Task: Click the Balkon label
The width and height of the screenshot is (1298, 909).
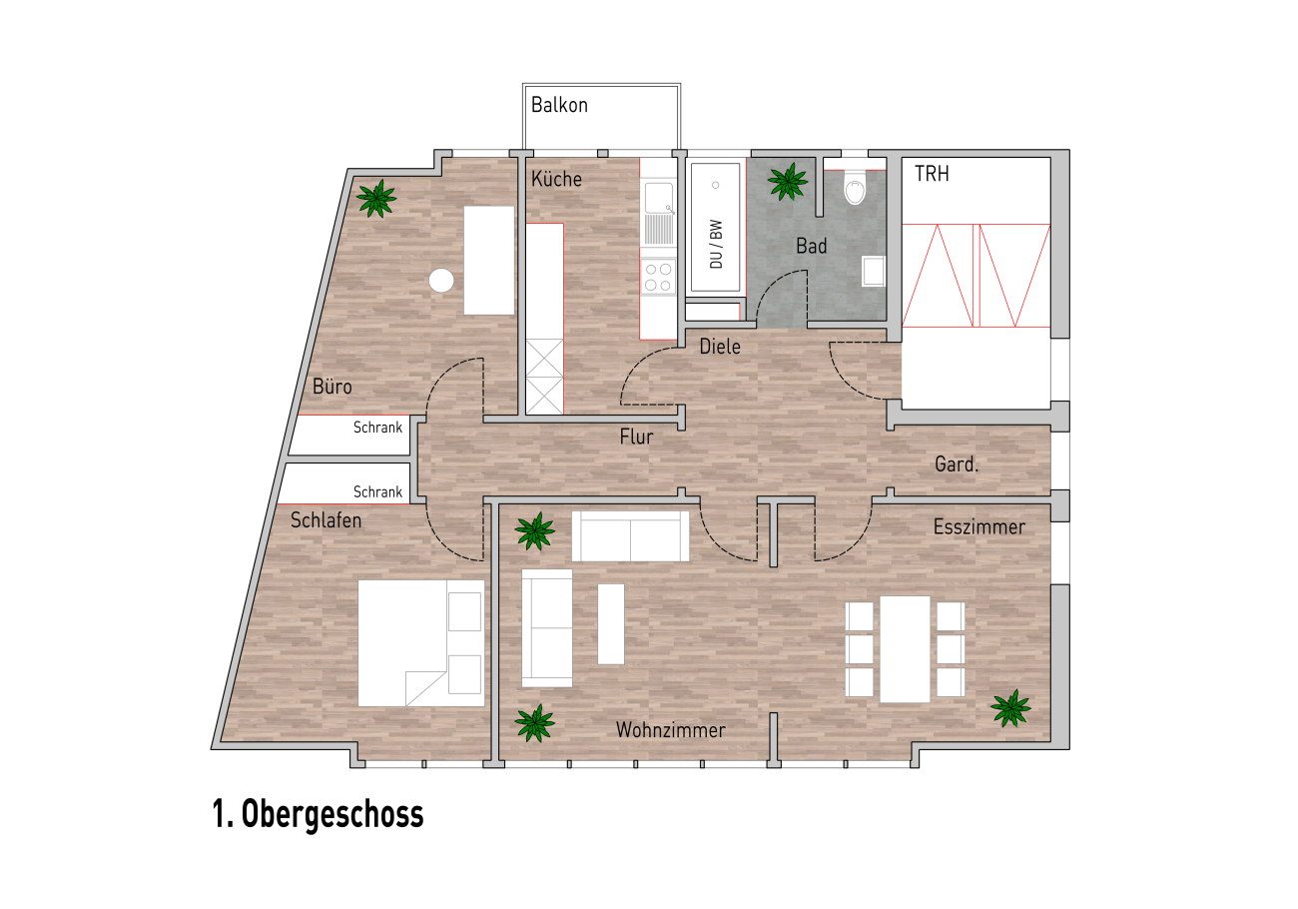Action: click(559, 105)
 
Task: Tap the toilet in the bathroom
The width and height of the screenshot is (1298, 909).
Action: click(855, 187)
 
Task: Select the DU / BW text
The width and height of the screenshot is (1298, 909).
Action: click(716, 244)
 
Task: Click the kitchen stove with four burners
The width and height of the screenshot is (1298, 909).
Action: click(658, 277)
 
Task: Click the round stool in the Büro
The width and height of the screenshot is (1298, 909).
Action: click(441, 281)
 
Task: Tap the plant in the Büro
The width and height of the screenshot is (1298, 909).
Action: click(376, 198)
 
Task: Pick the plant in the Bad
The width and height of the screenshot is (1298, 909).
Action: click(787, 182)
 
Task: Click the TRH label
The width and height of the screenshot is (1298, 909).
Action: click(932, 174)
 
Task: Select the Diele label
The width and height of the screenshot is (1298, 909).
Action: click(720, 347)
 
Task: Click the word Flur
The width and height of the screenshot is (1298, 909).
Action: click(636, 437)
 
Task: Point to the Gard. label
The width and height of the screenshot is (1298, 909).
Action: click(957, 464)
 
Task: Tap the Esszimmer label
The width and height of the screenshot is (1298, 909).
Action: click(979, 527)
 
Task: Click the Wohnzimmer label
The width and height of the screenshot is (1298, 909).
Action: click(670, 730)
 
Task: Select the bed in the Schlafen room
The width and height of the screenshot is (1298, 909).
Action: click(420, 643)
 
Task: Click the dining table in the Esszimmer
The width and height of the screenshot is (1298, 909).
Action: click(905, 649)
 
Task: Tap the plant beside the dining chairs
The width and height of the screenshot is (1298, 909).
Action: click(1010, 708)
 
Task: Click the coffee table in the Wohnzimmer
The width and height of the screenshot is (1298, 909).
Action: click(611, 623)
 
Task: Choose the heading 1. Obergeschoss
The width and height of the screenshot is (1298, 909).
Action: click(319, 814)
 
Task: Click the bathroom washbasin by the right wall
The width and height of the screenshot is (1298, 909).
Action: click(874, 272)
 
